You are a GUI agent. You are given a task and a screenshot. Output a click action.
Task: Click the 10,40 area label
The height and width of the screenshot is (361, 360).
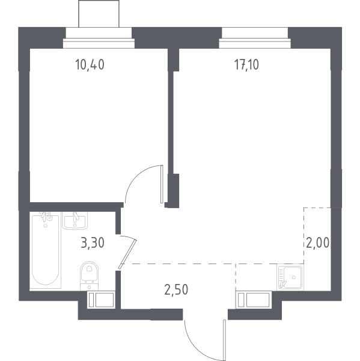[90, 64]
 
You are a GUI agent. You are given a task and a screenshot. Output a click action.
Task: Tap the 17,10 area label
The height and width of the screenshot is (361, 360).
[246, 64]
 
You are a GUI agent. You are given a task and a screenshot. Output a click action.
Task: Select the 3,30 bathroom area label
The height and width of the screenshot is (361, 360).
[93, 243]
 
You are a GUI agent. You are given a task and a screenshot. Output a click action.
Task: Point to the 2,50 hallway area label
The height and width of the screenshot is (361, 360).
[176, 289]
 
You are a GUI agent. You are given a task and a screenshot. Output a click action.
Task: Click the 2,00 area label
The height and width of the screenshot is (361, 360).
[318, 242]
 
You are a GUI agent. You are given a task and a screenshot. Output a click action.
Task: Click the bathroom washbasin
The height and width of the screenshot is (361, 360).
[75, 221]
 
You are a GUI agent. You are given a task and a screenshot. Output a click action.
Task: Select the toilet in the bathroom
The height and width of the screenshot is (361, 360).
[90, 276]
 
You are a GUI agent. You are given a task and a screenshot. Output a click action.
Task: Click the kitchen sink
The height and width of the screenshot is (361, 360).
[290, 277]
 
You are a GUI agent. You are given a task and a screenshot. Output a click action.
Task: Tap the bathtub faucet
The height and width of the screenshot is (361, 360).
[46, 216]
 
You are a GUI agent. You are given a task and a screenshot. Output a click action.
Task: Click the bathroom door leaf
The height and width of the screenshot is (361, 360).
[128, 254]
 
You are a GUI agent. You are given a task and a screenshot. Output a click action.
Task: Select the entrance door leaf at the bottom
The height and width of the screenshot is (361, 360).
[224, 340]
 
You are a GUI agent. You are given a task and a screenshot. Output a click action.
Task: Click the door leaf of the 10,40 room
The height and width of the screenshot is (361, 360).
[162, 184]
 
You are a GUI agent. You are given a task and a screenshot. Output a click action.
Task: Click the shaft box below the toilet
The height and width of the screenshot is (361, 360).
[101, 300]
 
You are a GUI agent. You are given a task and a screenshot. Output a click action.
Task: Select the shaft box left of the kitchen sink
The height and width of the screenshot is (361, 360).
[254, 300]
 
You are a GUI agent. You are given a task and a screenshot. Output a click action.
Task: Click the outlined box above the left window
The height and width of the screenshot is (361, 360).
[99, 14]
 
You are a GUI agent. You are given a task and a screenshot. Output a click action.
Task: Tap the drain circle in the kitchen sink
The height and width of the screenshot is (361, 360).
[294, 277]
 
